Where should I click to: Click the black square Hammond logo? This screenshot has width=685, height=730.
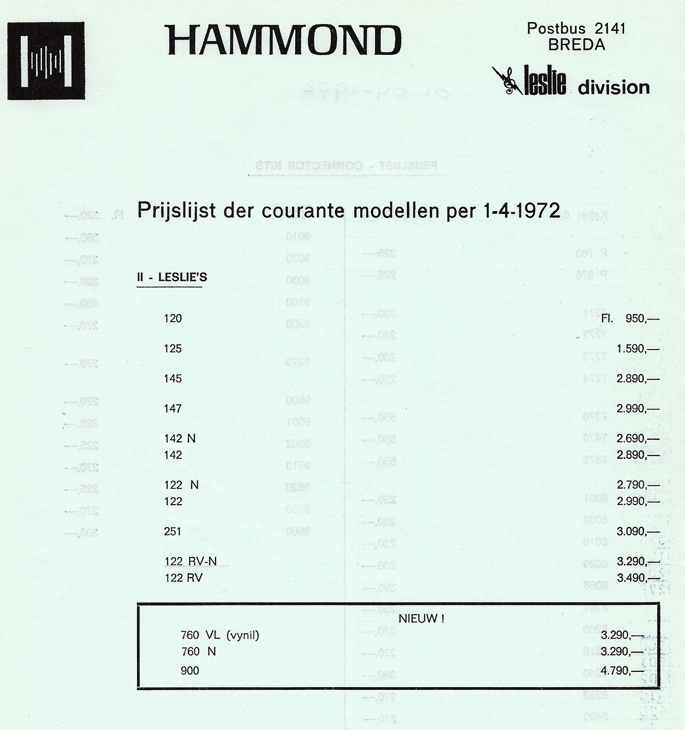tap(46, 60)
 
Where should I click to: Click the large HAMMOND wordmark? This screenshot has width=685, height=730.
tap(284, 40)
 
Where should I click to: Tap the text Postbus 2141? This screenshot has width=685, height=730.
tap(576, 29)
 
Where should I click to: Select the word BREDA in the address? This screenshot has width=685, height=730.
tap(577, 45)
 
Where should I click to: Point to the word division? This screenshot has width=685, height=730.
tap(614, 87)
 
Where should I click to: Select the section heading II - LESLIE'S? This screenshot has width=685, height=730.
tap(172, 277)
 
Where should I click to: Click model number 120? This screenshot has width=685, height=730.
tap(173, 318)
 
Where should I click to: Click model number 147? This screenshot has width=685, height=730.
tap(173, 409)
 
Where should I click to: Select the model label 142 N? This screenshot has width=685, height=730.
tap(180, 439)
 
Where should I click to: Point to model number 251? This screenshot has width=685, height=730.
tap(173, 531)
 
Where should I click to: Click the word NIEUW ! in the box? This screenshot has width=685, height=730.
tap(421, 619)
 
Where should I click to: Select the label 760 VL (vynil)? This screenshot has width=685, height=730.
tap(220, 635)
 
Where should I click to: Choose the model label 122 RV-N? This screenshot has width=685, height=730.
tap(191, 561)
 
